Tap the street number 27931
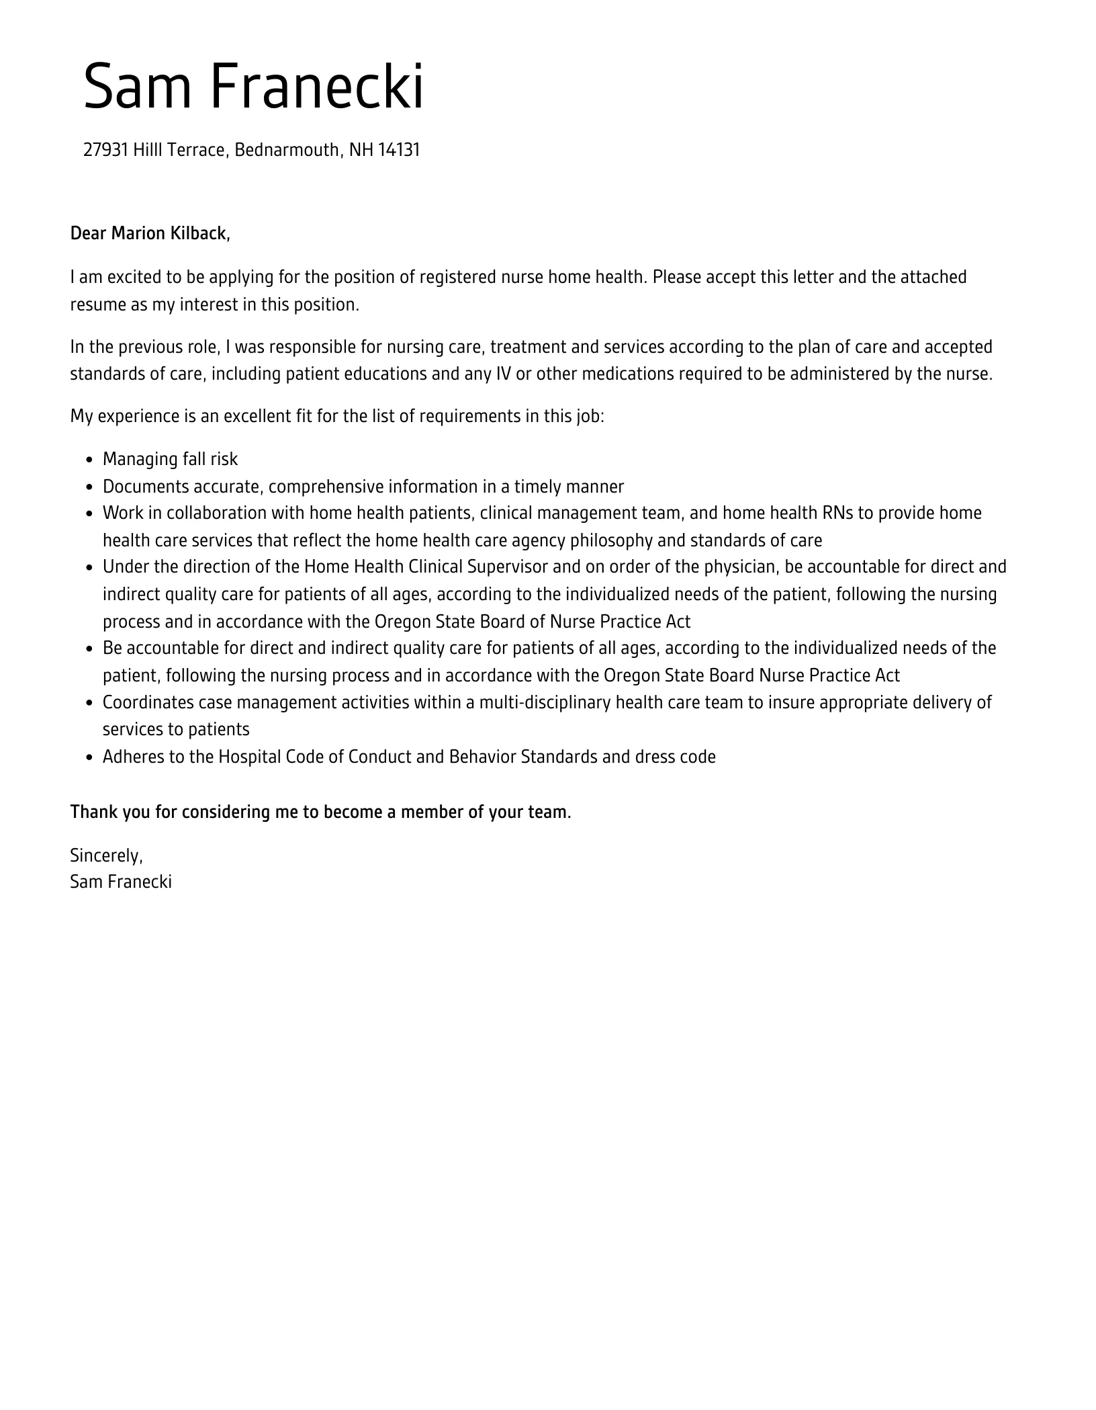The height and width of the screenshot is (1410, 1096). click(x=105, y=150)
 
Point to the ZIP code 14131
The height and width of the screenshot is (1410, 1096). click(x=399, y=150)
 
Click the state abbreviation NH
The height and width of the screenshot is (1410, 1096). click(x=361, y=150)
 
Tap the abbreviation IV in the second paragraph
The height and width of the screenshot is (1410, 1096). click(x=503, y=374)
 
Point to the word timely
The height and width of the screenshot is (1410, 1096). click(x=539, y=487)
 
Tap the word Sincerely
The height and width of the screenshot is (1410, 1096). click(x=106, y=856)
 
